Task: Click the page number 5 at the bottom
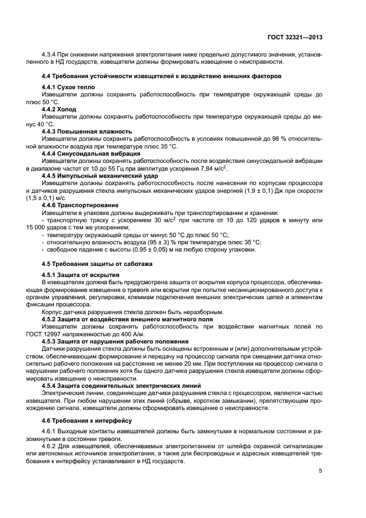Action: click(321, 471)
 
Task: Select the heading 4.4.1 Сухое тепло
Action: click(69, 88)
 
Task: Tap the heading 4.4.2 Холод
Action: click(63, 110)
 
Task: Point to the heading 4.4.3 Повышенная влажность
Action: click(87, 132)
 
